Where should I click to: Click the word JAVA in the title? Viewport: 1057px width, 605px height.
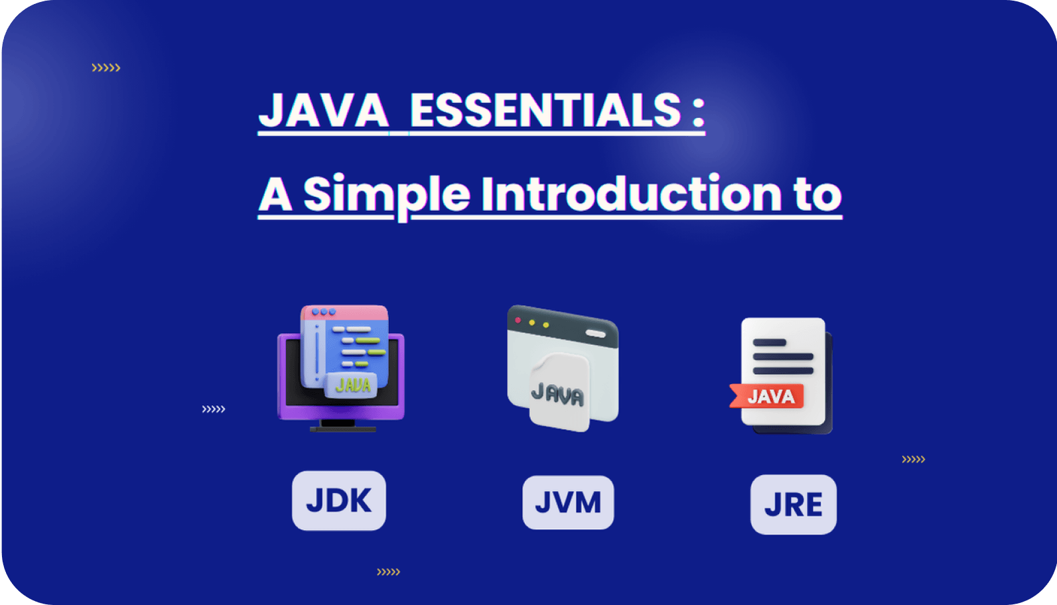click(323, 109)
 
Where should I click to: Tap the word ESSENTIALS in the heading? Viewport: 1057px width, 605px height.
click(545, 109)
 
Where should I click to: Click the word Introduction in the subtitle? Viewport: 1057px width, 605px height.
click(632, 194)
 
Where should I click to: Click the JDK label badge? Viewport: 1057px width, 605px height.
click(339, 501)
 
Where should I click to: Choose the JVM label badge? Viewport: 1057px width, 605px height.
click(568, 502)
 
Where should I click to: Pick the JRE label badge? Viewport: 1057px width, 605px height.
click(793, 504)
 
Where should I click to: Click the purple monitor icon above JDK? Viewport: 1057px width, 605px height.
click(340, 368)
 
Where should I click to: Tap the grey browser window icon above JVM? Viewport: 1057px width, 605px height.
click(563, 368)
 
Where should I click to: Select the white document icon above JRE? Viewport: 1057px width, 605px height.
click(786, 375)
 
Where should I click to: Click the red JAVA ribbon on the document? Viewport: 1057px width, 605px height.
click(767, 396)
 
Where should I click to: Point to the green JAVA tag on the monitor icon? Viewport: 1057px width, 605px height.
click(352, 385)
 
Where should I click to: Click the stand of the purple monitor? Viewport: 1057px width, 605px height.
click(343, 426)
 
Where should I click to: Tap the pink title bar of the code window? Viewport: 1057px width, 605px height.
click(344, 312)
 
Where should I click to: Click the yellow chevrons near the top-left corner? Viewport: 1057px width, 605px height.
click(106, 68)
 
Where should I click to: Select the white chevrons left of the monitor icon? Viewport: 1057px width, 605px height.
click(213, 409)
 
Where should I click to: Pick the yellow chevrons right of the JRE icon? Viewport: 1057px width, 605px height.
click(913, 459)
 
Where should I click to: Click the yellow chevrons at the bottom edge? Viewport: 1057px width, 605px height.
click(388, 572)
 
